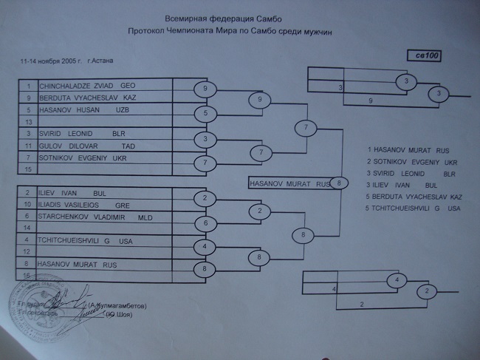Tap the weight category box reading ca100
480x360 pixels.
point(425,55)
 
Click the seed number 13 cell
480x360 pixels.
point(27,121)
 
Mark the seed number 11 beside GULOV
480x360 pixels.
point(27,146)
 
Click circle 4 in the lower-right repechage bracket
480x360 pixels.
point(397,280)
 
